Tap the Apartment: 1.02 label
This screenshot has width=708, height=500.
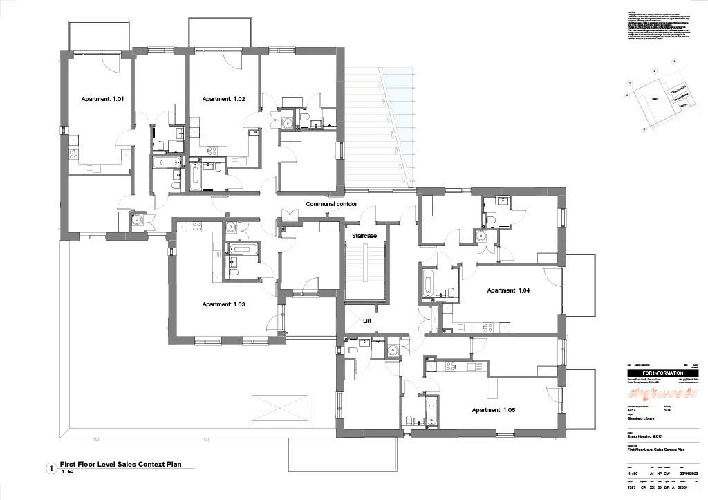223,99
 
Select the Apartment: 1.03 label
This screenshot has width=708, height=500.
223,304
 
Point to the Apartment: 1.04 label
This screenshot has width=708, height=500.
508,290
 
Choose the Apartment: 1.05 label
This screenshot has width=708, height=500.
494,410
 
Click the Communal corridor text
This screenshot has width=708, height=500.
336,204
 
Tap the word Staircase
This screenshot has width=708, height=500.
364,237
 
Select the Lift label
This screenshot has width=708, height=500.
367,322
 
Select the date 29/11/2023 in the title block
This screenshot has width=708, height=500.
693,473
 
